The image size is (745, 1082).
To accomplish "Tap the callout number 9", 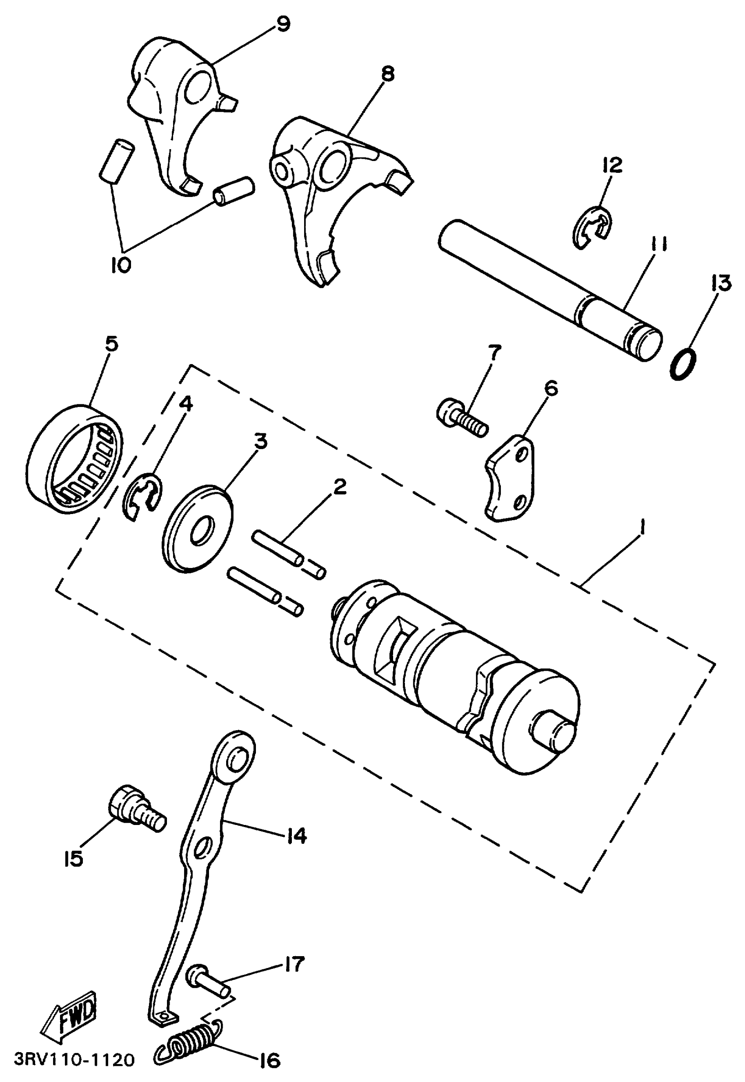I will [282, 24].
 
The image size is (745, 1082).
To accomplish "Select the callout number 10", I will [121, 265].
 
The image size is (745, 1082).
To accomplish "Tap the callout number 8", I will [387, 74].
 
